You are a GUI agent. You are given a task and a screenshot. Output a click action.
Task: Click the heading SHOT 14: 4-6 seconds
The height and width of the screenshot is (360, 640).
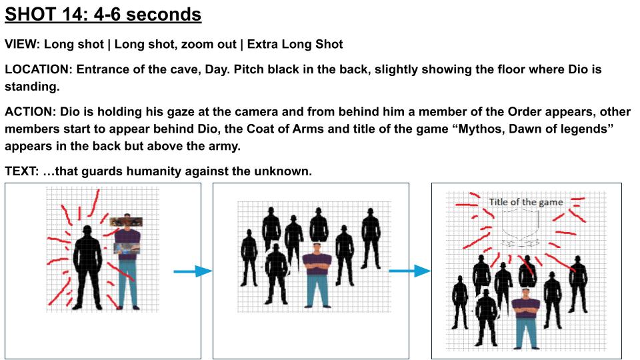click(103, 14)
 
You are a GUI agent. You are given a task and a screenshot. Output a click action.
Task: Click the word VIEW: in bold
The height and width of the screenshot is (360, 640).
click(23, 45)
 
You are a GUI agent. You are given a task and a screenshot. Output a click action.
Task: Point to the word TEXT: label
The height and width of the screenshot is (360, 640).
click(22, 171)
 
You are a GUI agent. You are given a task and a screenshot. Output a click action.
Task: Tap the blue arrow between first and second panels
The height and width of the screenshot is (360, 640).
click(192, 271)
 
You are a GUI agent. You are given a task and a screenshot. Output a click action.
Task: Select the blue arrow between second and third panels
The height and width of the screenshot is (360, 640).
click(409, 271)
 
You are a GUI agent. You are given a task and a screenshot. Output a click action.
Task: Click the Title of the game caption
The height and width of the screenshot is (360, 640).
click(525, 202)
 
